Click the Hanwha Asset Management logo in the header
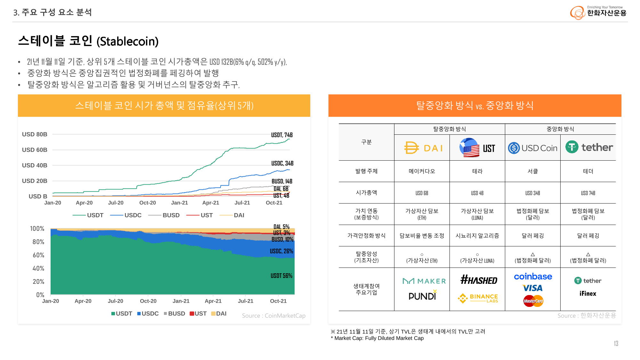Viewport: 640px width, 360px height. [x=598, y=12]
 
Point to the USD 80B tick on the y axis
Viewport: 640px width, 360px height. [x=35, y=134]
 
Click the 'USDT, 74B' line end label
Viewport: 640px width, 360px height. [x=282, y=135]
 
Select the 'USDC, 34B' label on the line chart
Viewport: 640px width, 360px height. [x=282, y=164]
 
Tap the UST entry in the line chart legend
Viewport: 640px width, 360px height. [x=200, y=215]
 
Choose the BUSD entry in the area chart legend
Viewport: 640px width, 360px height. [x=174, y=314]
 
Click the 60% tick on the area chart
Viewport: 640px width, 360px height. [x=38, y=255]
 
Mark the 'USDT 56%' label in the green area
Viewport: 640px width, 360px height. [x=281, y=276]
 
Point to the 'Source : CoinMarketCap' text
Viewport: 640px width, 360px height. [x=273, y=316]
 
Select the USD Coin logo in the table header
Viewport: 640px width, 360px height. [x=532, y=148]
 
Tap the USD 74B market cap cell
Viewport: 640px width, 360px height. [x=588, y=193]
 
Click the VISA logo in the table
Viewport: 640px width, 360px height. [x=533, y=288]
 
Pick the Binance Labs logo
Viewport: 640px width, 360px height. [x=478, y=298]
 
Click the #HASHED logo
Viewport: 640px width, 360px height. [x=479, y=280]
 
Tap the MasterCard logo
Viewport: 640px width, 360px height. [x=533, y=301]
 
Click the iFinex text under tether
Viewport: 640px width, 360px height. [x=588, y=294]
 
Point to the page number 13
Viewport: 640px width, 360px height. [x=616, y=343]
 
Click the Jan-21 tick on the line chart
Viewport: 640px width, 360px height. [x=179, y=203]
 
